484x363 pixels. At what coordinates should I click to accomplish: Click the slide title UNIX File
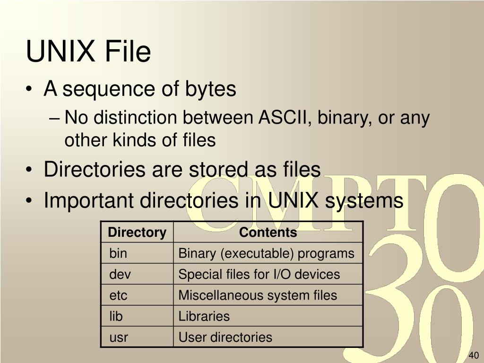click(x=88, y=52)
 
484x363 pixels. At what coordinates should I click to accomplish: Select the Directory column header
click(x=137, y=233)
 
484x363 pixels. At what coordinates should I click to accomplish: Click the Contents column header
click(x=268, y=233)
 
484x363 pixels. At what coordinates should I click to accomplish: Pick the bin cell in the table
click(x=118, y=253)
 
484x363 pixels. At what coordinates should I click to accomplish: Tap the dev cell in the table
click(x=120, y=274)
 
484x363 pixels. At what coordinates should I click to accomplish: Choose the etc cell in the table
click(x=119, y=295)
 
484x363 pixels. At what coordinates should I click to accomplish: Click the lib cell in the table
click(x=116, y=316)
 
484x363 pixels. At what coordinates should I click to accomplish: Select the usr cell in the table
click(x=119, y=337)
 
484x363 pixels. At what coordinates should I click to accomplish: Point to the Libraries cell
click(x=204, y=316)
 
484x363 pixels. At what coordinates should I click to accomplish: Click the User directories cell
click(x=225, y=337)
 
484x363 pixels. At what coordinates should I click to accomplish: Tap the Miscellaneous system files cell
click(x=258, y=295)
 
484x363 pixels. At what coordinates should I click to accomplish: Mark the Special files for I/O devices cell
click(x=259, y=274)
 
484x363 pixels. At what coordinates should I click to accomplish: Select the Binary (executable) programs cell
click(x=266, y=253)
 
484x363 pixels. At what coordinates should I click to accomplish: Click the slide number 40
click(x=474, y=355)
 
